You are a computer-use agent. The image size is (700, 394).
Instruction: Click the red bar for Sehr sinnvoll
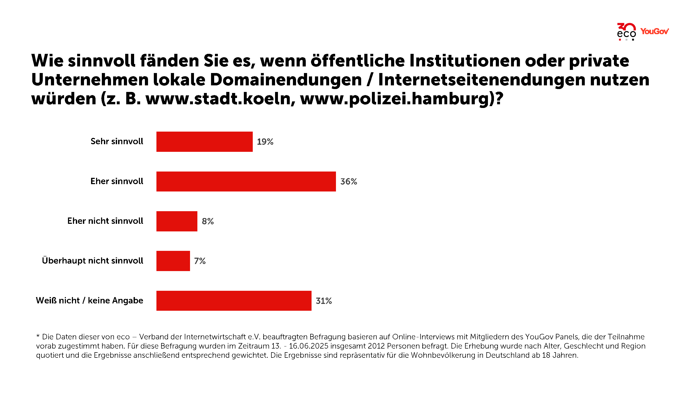[x=204, y=142]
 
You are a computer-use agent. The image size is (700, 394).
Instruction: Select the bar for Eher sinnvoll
[x=246, y=181]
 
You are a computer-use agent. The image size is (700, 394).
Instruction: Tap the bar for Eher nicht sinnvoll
[x=177, y=221]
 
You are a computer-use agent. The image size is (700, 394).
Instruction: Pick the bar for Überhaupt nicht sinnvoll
[x=173, y=261]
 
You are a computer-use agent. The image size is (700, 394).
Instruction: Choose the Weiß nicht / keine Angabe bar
[x=234, y=300]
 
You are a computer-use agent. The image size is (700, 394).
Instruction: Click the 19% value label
[x=265, y=142]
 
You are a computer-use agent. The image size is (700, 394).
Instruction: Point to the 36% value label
[x=349, y=181]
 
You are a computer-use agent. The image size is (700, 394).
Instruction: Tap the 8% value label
[x=208, y=221]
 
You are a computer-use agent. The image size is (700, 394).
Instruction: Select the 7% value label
[x=200, y=261]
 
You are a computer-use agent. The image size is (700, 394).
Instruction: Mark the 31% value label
[x=324, y=301]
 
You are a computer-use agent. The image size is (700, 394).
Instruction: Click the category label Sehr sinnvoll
[x=117, y=141]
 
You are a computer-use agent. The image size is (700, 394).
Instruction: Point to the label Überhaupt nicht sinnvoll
[x=92, y=261]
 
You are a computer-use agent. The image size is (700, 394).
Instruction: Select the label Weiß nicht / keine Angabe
[x=90, y=300]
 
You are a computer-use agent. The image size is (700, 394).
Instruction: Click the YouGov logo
[x=654, y=31]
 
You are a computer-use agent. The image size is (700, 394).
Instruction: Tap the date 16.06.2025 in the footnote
[x=308, y=346]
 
